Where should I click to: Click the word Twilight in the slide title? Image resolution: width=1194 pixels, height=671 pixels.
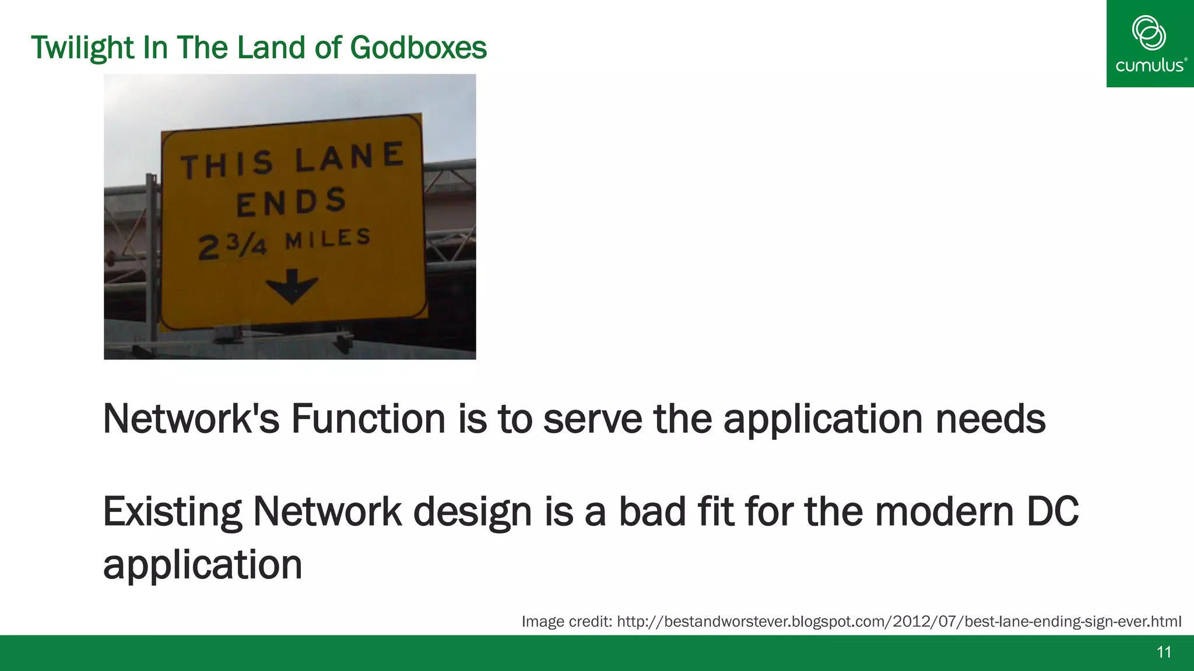click(x=83, y=48)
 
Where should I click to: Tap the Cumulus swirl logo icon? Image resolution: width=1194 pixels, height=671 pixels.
click(x=1149, y=33)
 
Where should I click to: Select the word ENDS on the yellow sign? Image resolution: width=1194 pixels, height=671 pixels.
click(x=292, y=202)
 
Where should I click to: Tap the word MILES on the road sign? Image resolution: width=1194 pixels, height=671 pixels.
click(x=328, y=238)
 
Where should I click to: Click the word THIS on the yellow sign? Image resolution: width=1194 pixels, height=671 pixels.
click(x=227, y=165)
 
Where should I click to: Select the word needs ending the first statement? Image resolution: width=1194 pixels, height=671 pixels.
click(x=991, y=419)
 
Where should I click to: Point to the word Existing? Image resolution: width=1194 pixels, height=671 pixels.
click(x=172, y=512)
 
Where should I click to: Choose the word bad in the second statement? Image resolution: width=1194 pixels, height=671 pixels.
click(x=652, y=512)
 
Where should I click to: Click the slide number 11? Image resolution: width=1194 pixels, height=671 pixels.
click(x=1164, y=652)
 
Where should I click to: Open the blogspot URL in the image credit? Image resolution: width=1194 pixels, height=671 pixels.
click(x=898, y=621)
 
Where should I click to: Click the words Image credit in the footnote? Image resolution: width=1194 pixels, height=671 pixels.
click(x=566, y=621)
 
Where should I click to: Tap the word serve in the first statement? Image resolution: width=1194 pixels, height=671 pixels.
click(x=592, y=419)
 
